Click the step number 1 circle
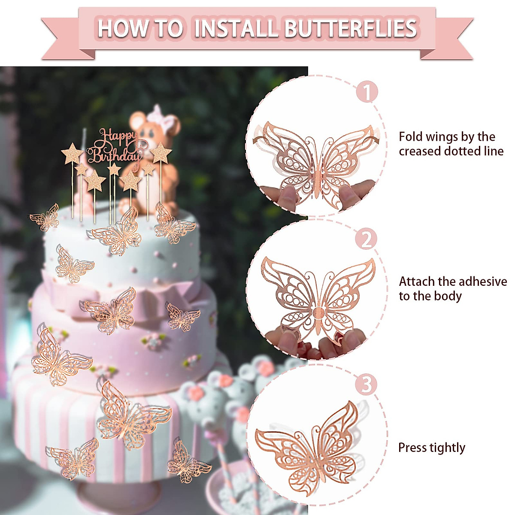[x=367, y=92]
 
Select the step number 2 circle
[x=367, y=239]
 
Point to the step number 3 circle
[x=366, y=384]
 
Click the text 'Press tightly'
[x=431, y=448]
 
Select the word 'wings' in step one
[x=444, y=137]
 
